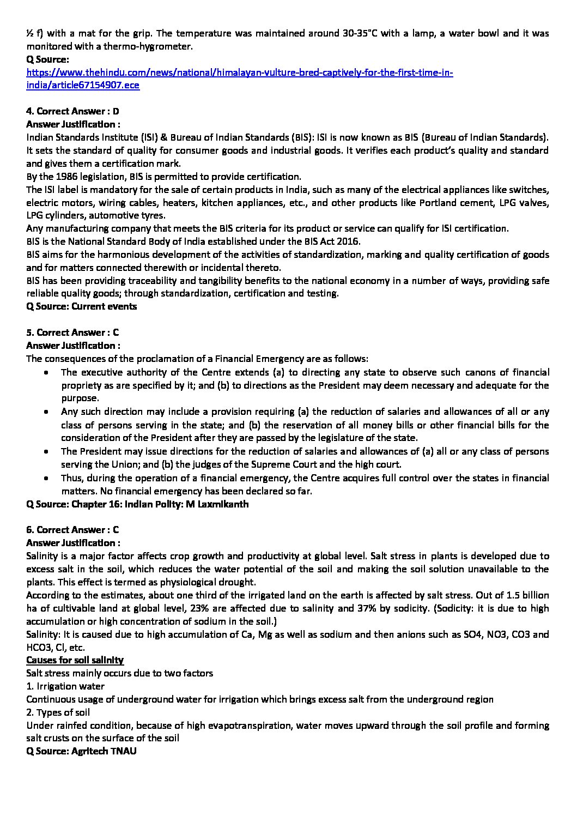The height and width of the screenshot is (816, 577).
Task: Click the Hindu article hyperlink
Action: pyautogui.click(x=240, y=73)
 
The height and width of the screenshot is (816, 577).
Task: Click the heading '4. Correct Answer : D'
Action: pyautogui.click(x=72, y=112)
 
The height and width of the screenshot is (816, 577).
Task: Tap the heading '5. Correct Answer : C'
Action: pyautogui.click(x=72, y=333)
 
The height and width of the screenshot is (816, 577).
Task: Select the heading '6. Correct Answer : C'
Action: pyautogui.click(x=72, y=530)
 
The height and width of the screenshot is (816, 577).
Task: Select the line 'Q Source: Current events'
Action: pyautogui.click(x=82, y=306)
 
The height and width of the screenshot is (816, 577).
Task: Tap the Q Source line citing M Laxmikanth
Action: pyautogui.click(x=137, y=504)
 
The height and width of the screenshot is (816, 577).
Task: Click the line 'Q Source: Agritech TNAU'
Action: pyautogui.click(x=81, y=751)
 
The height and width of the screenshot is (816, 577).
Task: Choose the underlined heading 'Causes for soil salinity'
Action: pyautogui.click(x=75, y=660)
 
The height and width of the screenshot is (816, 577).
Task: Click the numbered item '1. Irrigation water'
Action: pyautogui.click(x=65, y=686)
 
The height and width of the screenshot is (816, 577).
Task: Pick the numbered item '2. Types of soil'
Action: pyautogui.click(x=58, y=712)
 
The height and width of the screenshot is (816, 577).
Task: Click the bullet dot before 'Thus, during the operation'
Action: pyautogui.click(x=48, y=478)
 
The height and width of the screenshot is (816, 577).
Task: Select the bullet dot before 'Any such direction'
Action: pyautogui.click(x=48, y=412)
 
